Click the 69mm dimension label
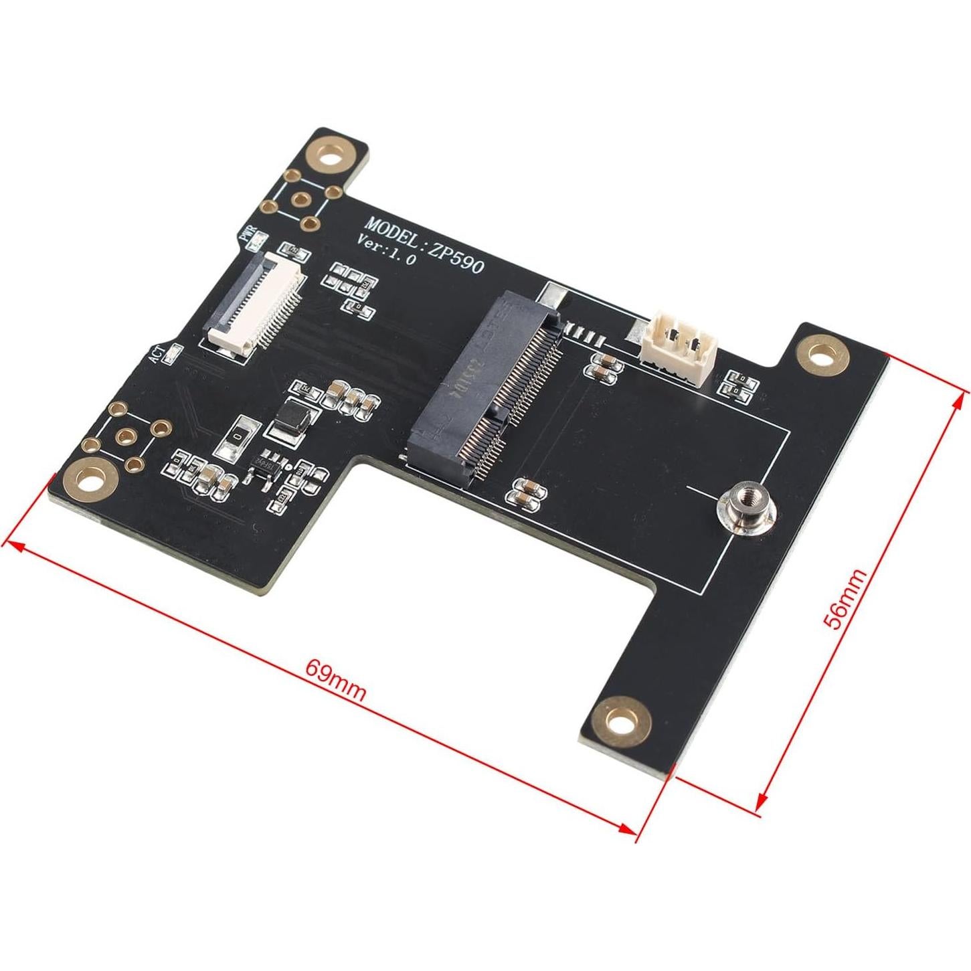coord(336,680)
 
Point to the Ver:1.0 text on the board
coord(387,251)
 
